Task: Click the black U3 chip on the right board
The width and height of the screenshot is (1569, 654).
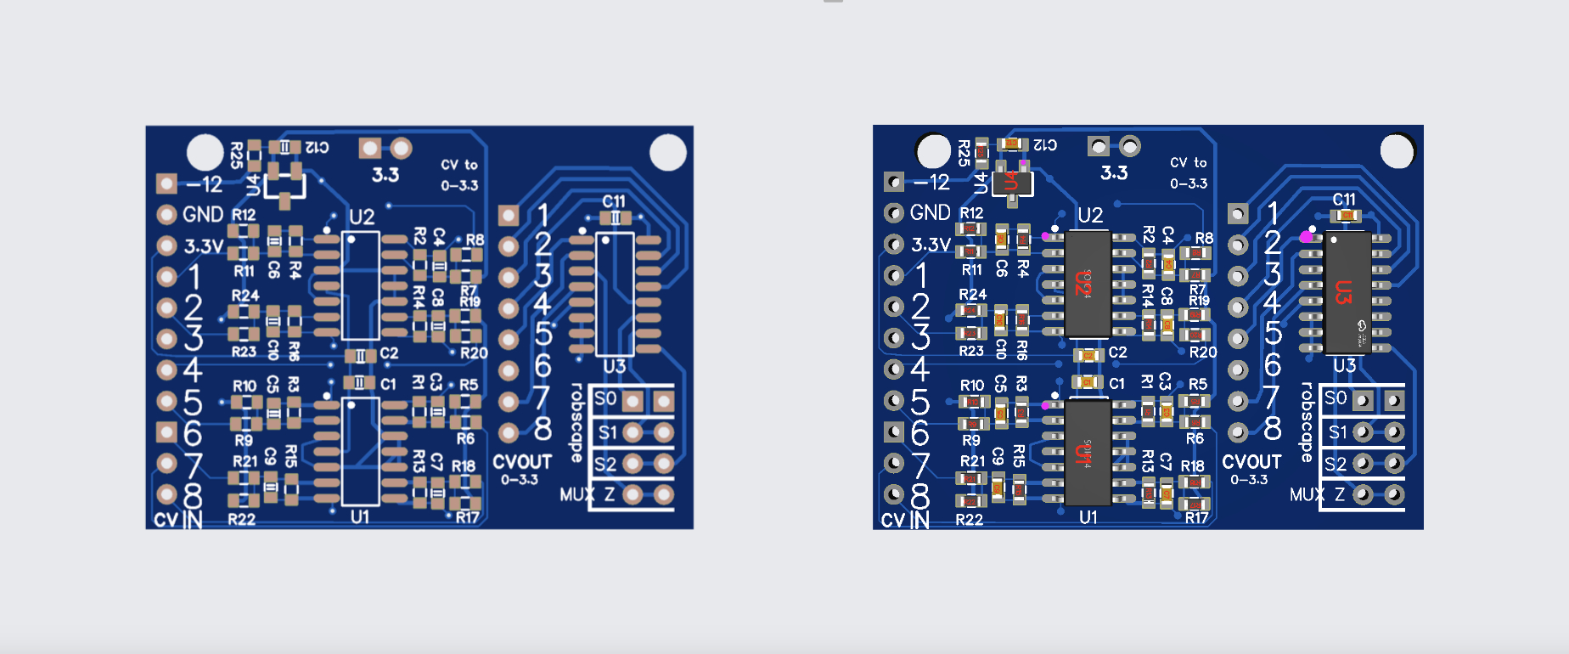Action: (1347, 293)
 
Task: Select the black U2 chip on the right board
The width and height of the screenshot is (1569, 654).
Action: (1088, 284)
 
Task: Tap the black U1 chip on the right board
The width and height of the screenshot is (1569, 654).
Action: (1088, 453)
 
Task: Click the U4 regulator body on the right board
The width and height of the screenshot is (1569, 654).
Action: (1012, 182)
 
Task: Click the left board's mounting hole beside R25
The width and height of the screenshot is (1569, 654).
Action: (205, 152)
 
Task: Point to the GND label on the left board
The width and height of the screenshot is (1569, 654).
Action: (203, 215)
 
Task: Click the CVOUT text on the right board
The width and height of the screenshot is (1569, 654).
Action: (1251, 462)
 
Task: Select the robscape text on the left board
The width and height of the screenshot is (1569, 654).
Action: (576, 422)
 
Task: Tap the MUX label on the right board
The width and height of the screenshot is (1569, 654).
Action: (1306, 494)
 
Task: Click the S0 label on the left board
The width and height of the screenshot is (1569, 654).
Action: (605, 399)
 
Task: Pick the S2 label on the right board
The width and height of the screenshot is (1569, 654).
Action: (1336, 465)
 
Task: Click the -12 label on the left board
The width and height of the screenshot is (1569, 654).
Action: (205, 184)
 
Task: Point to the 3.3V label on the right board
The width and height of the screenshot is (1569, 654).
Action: (931, 245)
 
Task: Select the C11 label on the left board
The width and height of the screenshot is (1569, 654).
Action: (614, 201)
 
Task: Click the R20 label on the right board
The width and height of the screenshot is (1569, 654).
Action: (1202, 352)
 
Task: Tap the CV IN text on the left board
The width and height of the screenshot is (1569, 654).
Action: (177, 520)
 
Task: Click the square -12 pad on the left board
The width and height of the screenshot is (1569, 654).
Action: (166, 183)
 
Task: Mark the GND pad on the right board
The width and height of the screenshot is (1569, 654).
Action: (893, 212)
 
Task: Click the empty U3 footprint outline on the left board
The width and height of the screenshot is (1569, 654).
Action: (615, 293)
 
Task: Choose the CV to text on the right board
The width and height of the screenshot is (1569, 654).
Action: (1188, 162)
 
